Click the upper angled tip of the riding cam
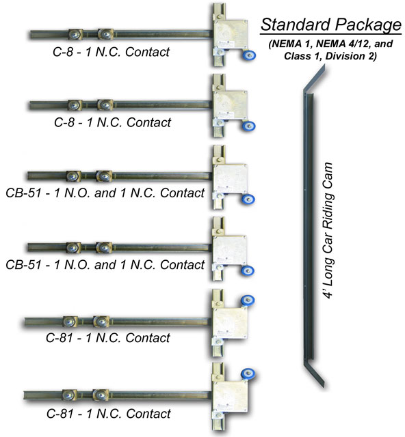click(324, 67)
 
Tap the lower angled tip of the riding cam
click(323, 385)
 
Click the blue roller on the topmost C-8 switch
click(249, 55)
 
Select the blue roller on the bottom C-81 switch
click(248, 374)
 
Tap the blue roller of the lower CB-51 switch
click(248, 270)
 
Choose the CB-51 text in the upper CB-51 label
click(23, 193)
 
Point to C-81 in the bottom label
click(61, 413)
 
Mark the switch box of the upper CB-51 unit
click(230, 179)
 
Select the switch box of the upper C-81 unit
click(230, 323)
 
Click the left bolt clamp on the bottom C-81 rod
click(68, 395)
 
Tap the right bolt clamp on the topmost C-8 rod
click(105, 34)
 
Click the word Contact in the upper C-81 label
click(148, 338)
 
